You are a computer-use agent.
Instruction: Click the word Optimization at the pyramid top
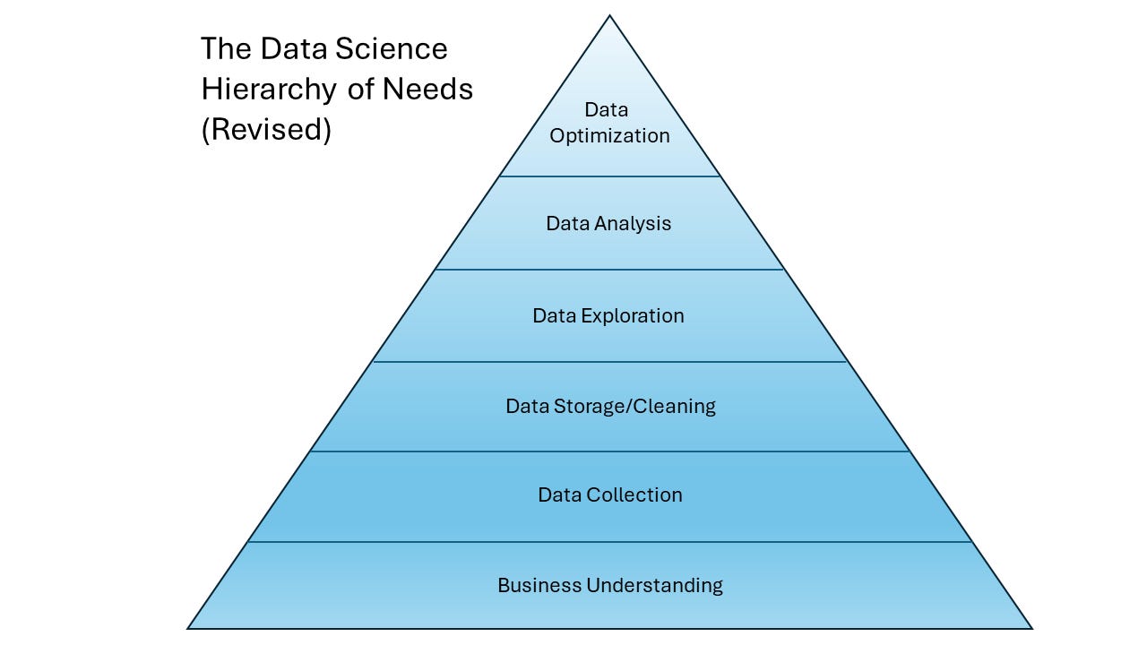[609, 136]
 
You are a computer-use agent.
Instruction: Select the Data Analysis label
[608, 224]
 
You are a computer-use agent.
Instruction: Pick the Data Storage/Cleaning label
[610, 407]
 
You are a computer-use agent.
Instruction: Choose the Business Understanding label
[610, 586]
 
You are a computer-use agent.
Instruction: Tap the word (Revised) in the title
[266, 130]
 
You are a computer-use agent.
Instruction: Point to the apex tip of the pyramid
[609, 16]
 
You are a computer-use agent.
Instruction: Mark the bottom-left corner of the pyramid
[188, 628]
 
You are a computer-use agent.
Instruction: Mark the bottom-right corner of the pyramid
[1032, 628]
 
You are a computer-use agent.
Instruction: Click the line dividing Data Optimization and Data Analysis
[609, 176]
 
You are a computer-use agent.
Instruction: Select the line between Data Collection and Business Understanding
[609, 542]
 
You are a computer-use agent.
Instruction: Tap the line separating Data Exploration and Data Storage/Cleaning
[609, 362]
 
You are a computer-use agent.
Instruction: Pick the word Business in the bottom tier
[539, 586]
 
